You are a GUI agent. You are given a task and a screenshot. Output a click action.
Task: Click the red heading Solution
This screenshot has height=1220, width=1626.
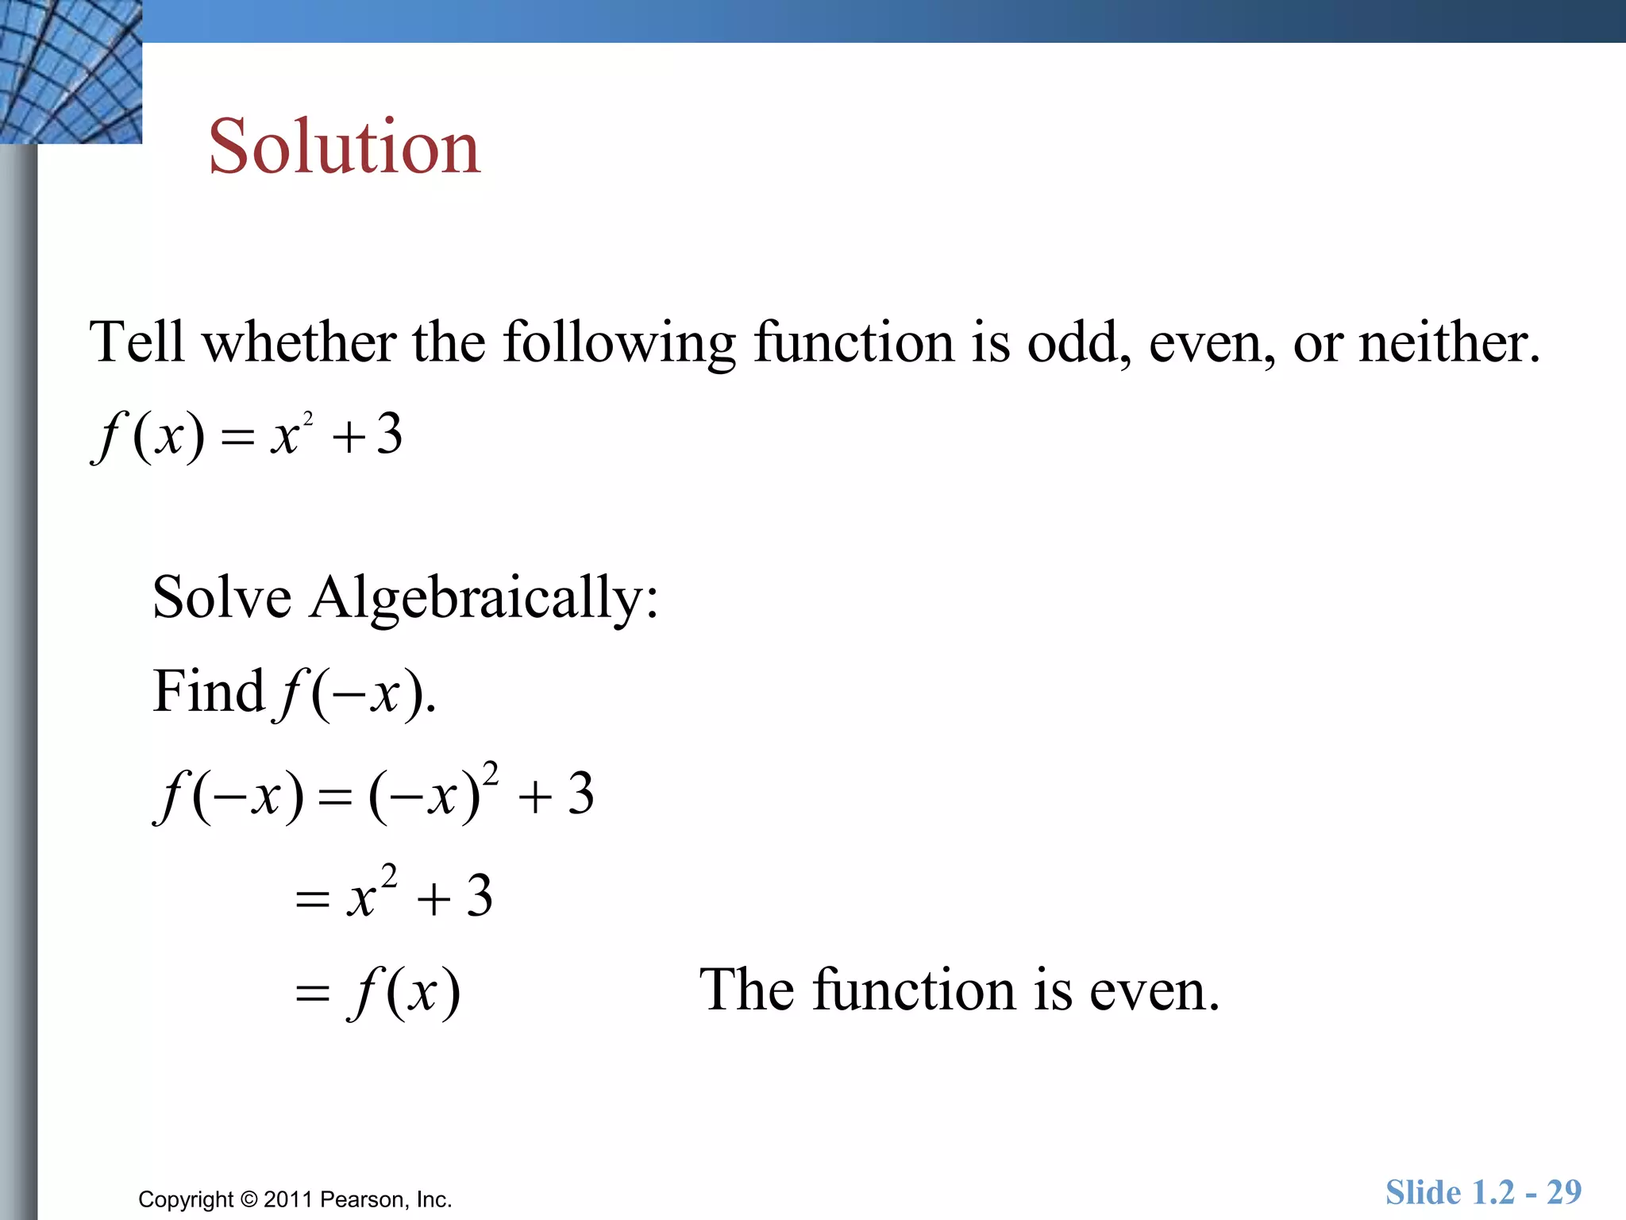(x=345, y=147)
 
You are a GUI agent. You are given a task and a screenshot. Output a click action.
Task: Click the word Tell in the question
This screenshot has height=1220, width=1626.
(x=137, y=342)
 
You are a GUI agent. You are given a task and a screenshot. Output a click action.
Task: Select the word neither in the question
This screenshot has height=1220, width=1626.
(x=1449, y=342)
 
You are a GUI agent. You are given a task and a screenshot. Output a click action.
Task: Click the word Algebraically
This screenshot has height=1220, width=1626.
(x=484, y=597)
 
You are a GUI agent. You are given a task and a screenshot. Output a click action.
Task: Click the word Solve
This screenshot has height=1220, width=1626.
(x=222, y=597)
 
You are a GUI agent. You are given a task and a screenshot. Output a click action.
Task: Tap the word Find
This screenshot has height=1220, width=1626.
(x=208, y=691)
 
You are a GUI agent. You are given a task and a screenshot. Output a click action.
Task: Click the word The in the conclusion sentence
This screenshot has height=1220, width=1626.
(x=746, y=990)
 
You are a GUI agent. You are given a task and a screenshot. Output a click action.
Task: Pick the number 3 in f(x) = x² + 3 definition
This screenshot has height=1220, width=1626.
(x=389, y=435)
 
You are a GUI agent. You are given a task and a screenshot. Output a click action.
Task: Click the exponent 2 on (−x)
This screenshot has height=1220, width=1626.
(x=491, y=772)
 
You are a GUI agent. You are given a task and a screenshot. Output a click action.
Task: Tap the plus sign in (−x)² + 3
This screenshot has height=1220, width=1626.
(x=535, y=797)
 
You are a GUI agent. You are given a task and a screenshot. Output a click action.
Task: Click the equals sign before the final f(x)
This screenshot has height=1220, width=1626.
(x=312, y=994)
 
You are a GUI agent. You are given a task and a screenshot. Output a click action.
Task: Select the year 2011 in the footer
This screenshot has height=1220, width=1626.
(x=288, y=1199)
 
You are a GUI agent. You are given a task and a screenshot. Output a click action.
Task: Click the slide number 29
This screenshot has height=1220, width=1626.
(x=1563, y=1192)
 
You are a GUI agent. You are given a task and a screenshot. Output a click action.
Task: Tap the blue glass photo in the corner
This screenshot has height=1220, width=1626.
(x=71, y=71)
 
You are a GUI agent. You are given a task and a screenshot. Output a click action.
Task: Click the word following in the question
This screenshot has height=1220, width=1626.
(x=619, y=342)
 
